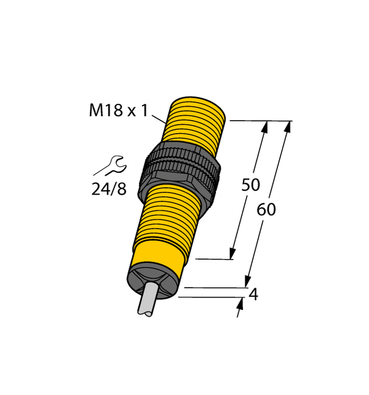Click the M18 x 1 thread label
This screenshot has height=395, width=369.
(x=119, y=110)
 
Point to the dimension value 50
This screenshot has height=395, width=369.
(x=250, y=185)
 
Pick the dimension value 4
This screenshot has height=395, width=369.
(x=253, y=295)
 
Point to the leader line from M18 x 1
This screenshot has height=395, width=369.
(x=159, y=120)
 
